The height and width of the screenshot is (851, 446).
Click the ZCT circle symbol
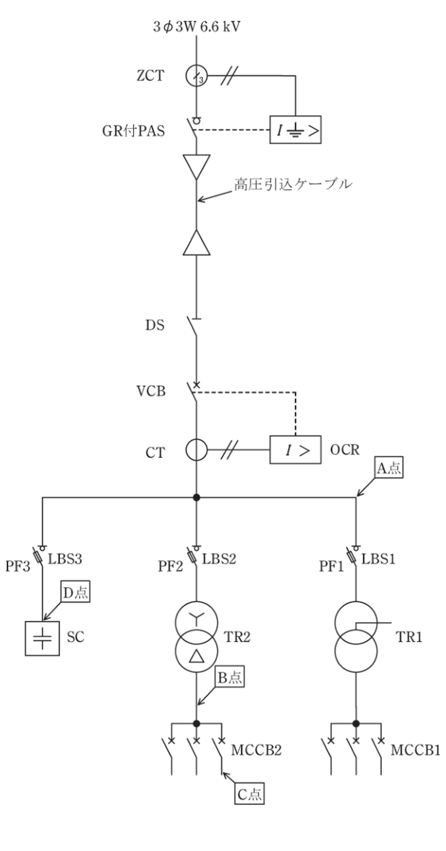[x=186, y=76]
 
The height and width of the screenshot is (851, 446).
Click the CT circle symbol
[x=186, y=450]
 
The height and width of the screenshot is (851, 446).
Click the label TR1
[x=409, y=637]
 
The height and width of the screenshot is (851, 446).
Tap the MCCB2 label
[x=256, y=750]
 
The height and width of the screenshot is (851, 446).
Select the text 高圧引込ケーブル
[x=293, y=184]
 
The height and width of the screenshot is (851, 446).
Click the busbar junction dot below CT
[x=197, y=497]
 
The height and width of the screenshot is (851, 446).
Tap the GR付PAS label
[x=134, y=131]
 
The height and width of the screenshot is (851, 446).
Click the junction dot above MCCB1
[x=356, y=723]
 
